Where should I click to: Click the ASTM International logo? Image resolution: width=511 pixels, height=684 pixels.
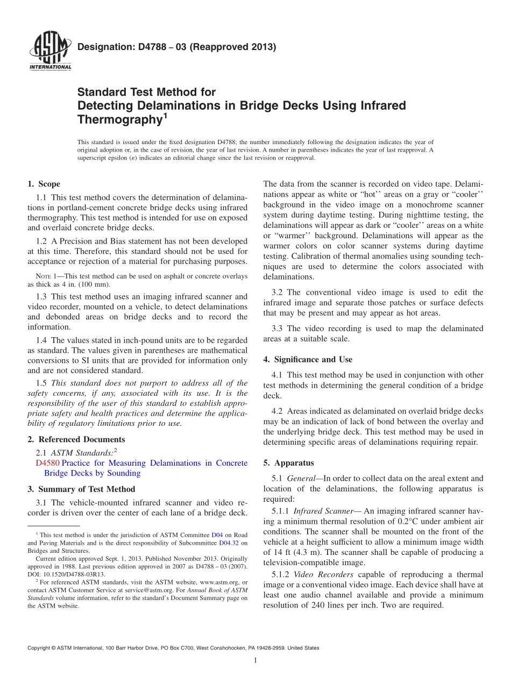49,51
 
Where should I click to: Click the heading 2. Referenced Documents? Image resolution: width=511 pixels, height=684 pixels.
76,439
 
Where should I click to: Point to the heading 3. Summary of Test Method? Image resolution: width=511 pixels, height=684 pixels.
81,489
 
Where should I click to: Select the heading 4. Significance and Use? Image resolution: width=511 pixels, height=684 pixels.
308,359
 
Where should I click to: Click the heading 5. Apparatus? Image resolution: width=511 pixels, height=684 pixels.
288,462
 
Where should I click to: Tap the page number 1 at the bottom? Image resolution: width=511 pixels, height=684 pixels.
256,660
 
